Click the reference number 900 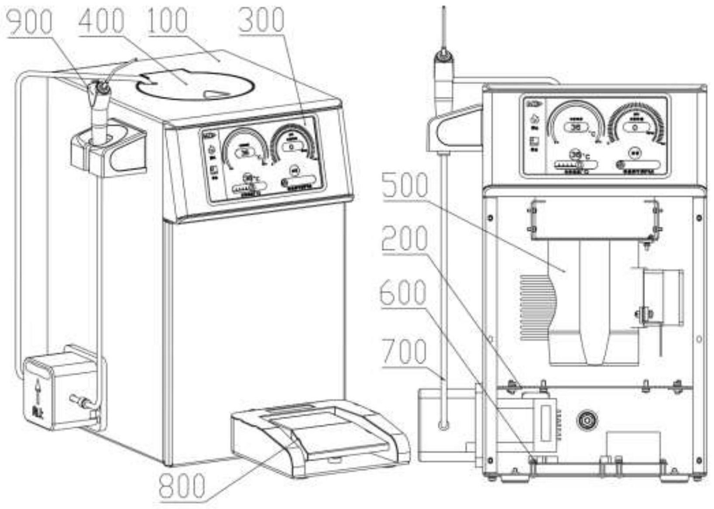tap(30, 21)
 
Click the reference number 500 tap(405, 185)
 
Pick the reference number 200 tap(405, 239)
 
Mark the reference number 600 tap(403, 293)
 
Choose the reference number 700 tap(404, 352)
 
